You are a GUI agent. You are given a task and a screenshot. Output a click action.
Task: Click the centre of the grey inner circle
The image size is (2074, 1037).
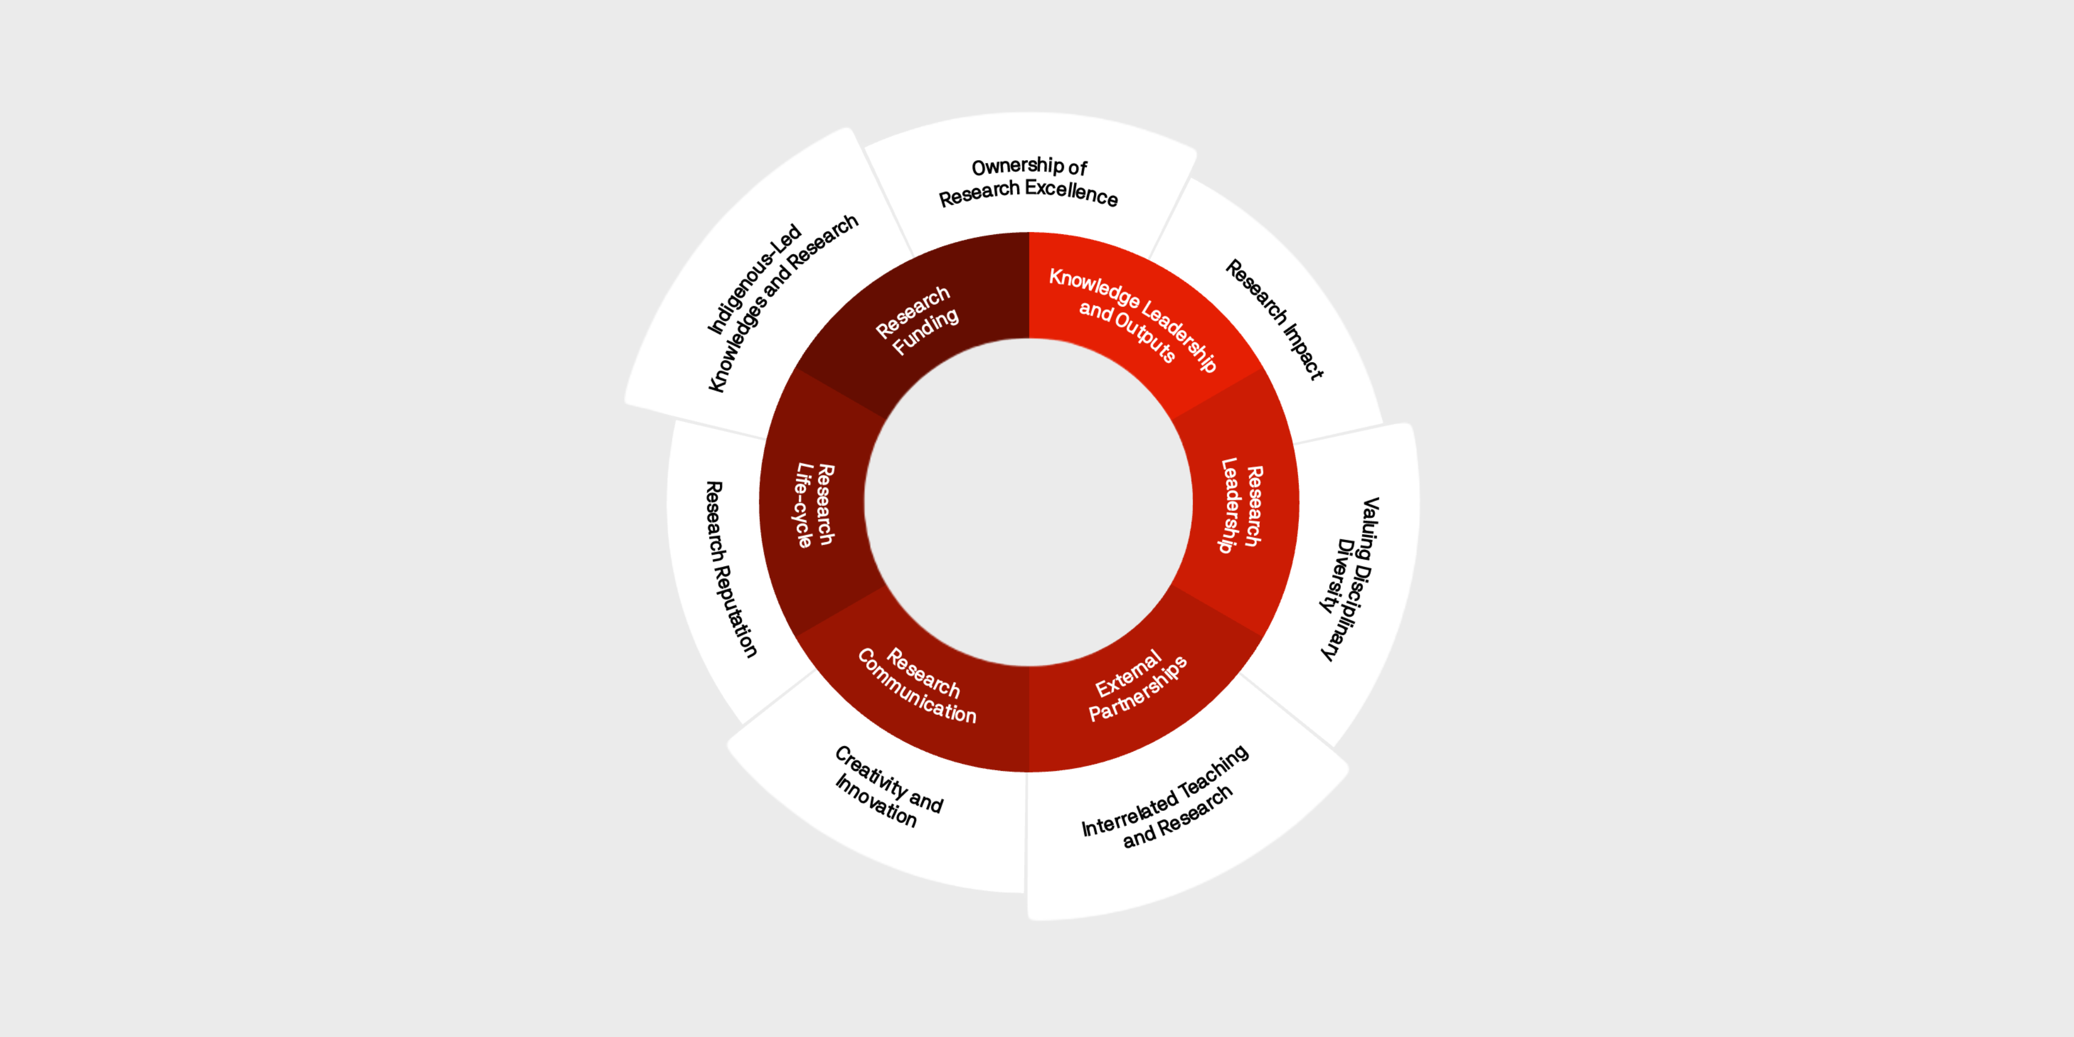[x=1029, y=503]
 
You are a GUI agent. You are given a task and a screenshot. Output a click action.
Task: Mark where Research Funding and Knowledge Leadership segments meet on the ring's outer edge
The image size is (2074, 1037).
[x=1029, y=233]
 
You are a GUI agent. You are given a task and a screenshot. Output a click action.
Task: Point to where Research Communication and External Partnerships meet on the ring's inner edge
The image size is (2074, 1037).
[x=1029, y=667]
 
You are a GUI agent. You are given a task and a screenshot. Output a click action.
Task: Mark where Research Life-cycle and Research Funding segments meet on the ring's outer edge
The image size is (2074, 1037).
[x=796, y=368]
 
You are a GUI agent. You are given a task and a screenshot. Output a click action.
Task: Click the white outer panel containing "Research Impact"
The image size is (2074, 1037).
[x=1280, y=314]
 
